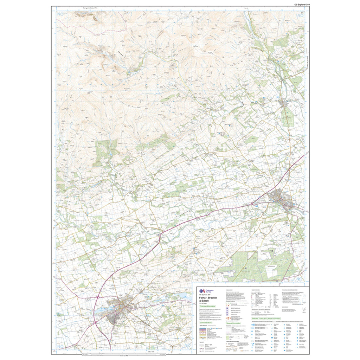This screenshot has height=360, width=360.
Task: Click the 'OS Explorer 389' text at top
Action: [302, 4]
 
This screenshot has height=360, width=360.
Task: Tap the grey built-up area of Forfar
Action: [121, 309]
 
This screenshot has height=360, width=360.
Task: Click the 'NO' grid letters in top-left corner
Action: [61, 15]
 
